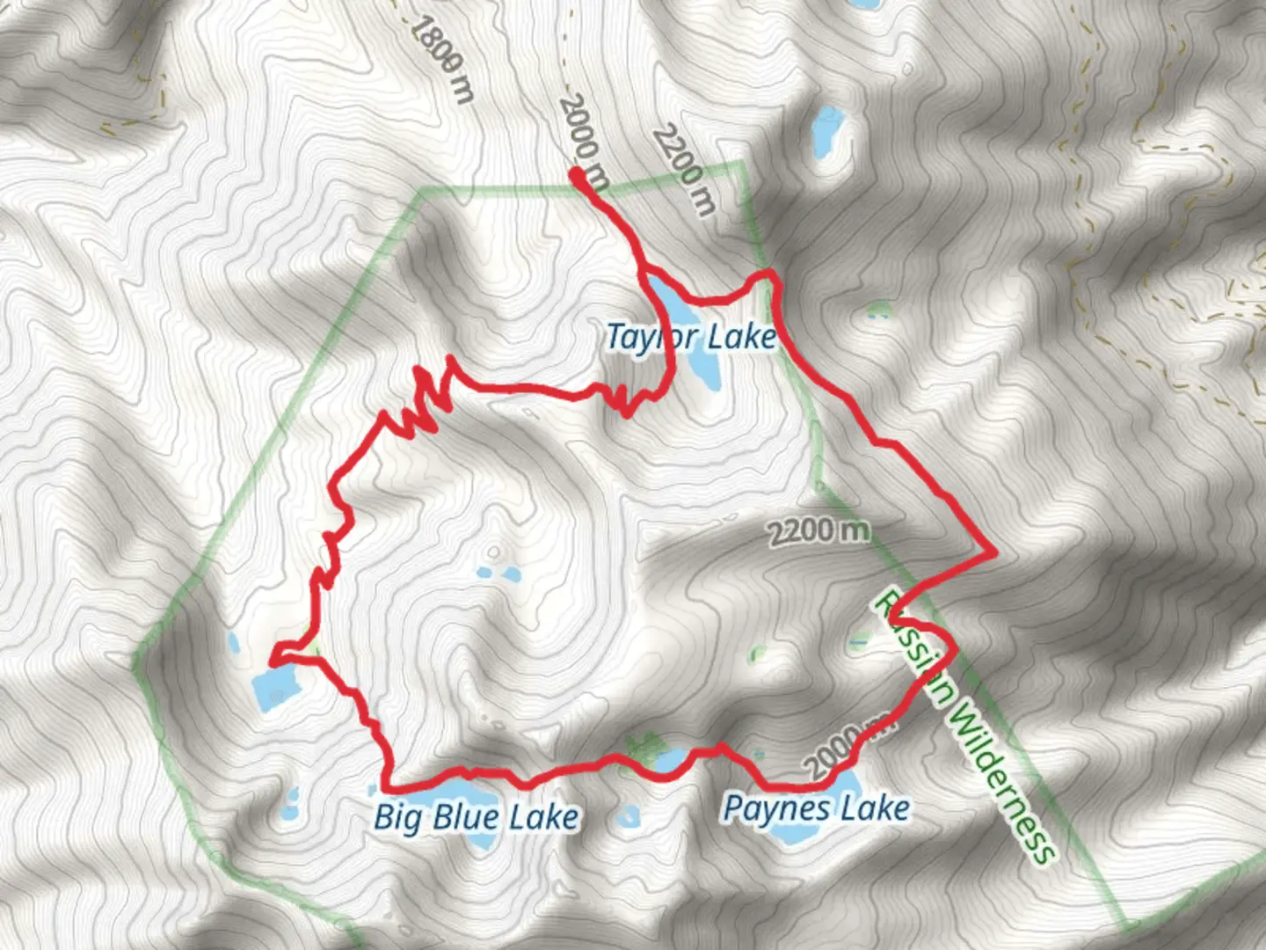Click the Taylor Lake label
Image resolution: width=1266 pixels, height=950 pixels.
click(691, 337)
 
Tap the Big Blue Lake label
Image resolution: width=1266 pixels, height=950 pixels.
click(476, 817)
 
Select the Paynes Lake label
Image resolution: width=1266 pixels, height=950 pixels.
click(816, 807)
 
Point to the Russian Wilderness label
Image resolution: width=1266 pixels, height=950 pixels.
click(964, 727)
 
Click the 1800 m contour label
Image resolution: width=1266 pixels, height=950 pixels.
click(442, 59)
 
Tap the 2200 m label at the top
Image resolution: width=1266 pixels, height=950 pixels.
click(683, 170)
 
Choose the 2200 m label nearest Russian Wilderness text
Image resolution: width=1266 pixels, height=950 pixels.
click(819, 531)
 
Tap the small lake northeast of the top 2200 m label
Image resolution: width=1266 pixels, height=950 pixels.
click(826, 128)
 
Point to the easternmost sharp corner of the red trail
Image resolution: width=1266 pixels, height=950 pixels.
click(994, 552)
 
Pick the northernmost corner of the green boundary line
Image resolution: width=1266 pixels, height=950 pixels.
click(741, 164)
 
